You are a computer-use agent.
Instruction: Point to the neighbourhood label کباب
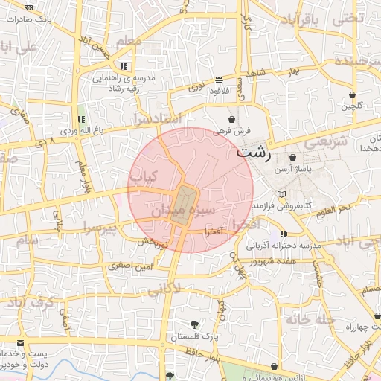(x=144, y=176)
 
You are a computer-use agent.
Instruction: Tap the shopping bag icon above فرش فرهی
(x=233, y=119)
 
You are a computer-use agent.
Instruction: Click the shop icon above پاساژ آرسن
(x=292, y=158)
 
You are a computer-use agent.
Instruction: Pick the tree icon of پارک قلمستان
(x=194, y=324)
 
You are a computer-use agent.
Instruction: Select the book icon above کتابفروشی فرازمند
(x=281, y=193)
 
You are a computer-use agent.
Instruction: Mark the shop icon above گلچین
(x=353, y=95)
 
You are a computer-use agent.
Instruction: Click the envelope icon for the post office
(x=19, y=344)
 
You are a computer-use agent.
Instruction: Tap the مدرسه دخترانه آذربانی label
(x=283, y=245)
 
